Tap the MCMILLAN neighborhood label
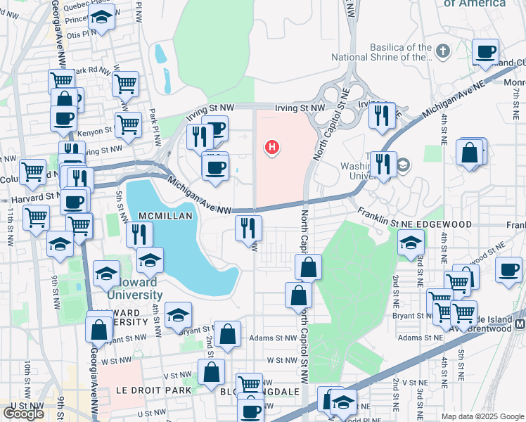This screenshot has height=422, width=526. [x=165, y=216]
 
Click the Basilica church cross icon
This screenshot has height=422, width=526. [x=442, y=51]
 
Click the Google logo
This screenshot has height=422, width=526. [x=23, y=414]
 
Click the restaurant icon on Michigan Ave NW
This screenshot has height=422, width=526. [x=248, y=227]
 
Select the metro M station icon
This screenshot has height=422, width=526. [x=520, y=324]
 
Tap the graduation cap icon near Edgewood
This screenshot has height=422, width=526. [x=411, y=243]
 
